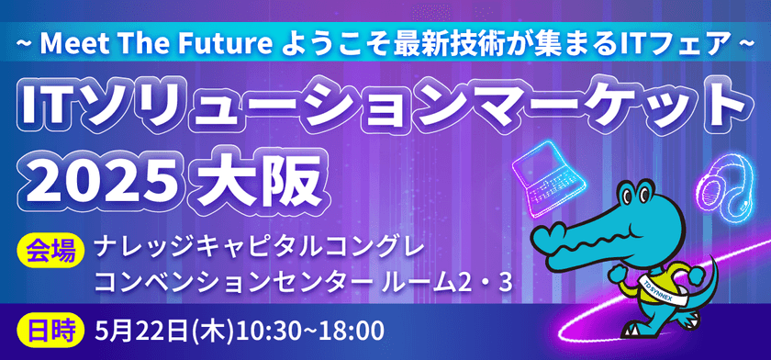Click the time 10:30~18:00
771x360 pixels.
(313, 328)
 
